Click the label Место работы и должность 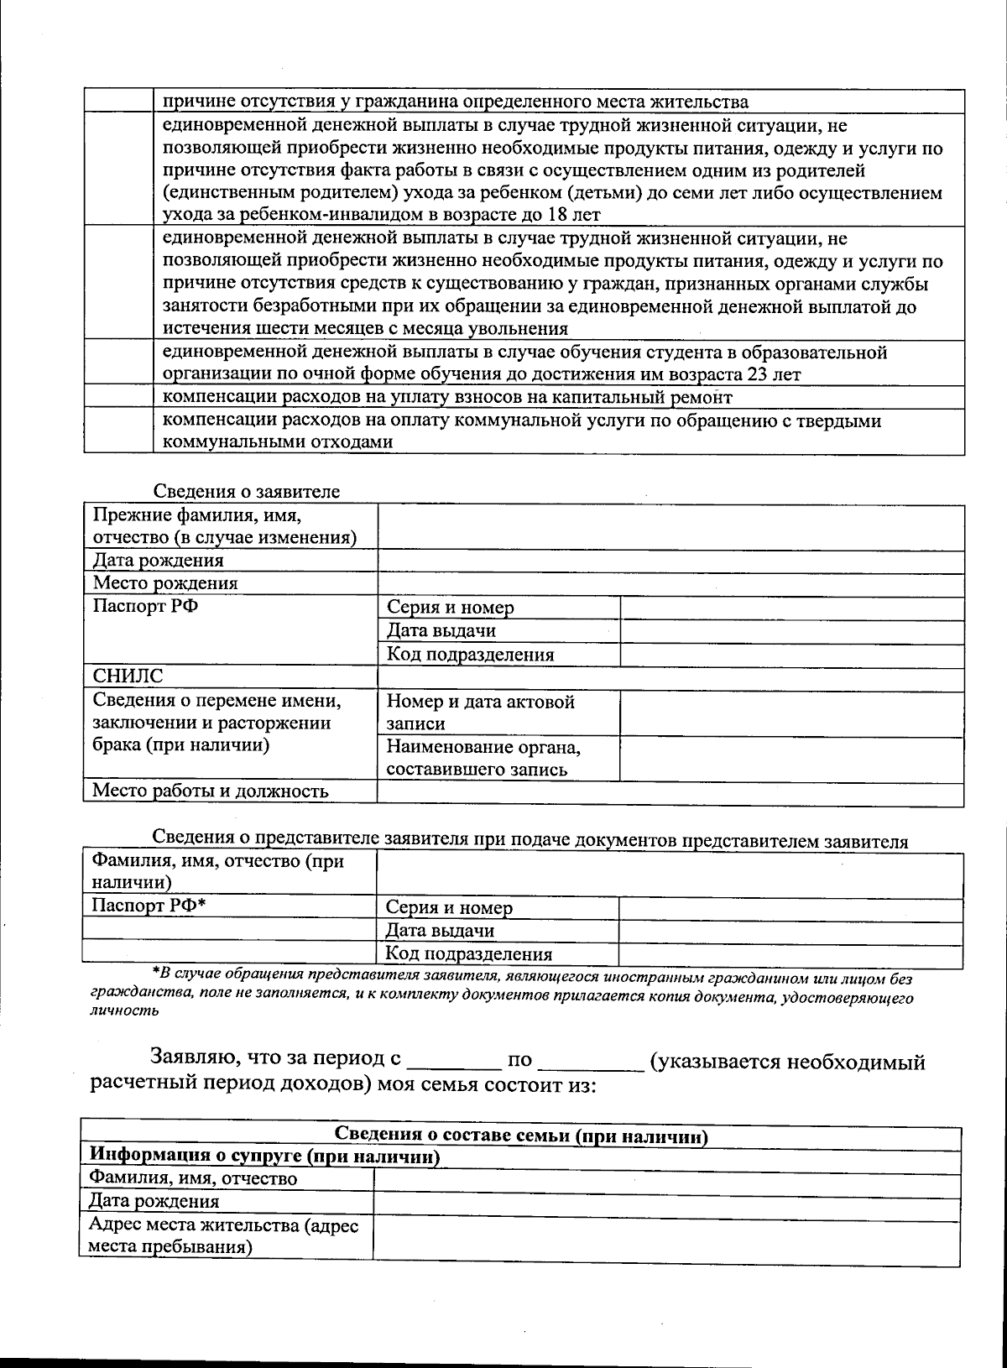(210, 791)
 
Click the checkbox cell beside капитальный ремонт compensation (118, 396)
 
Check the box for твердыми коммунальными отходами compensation (118, 431)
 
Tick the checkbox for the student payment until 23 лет (118, 362)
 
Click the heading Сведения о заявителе (246, 492)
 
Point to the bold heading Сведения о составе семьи (521, 1137)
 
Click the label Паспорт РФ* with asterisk (149, 906)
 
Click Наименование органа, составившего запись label (483, 758)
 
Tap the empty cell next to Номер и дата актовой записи (791, 713)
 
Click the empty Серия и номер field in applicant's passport (791, 608)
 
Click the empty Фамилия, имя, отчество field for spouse (666, 1179)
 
